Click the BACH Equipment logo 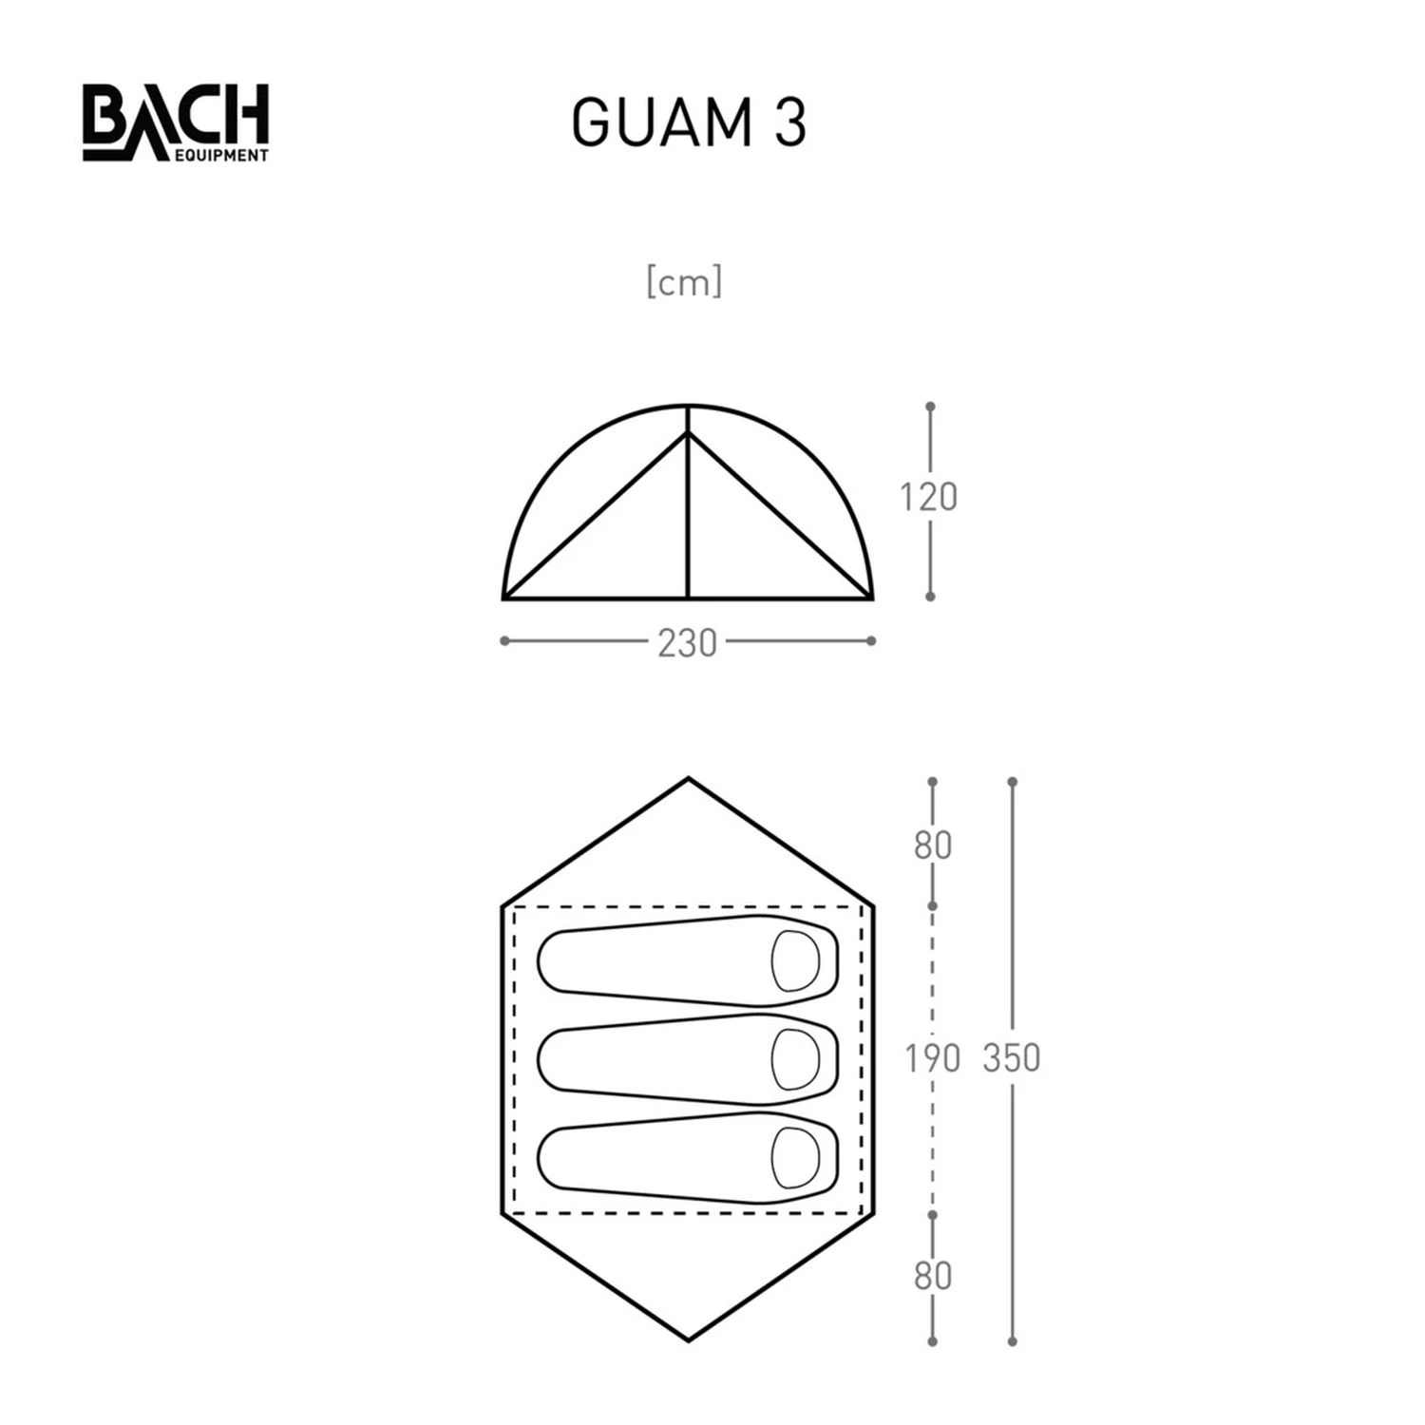point(175,122)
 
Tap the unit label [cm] point(684,282)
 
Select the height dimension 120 point(928,498)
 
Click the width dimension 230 point(687,643)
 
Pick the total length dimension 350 point(1011,1057)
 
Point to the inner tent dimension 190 point(932,1057)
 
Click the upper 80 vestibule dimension point(932,845)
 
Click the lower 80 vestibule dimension point(932,1276)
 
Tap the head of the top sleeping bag point(795,959)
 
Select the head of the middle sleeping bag point(795,1058)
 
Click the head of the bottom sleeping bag point(795,1157)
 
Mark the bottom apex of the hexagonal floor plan point(688,1340)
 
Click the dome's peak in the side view point(688,407)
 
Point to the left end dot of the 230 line point(504,641)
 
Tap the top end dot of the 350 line point(1013,782)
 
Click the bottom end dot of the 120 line point(930,597)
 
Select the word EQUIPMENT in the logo point(220,156)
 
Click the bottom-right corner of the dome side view point(871,598)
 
